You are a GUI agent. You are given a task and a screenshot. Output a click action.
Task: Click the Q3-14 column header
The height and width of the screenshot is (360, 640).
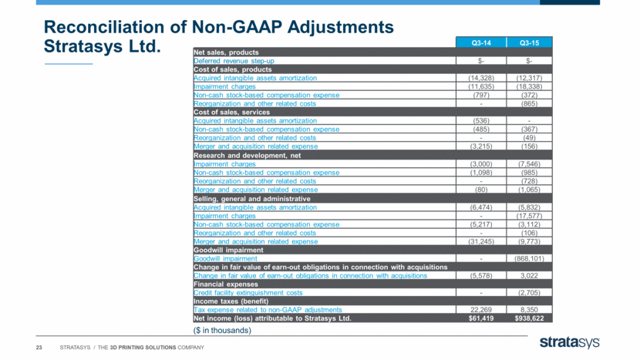coord(481,43)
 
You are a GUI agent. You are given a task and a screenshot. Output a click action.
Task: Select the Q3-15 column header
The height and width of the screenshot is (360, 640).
coord(530,43)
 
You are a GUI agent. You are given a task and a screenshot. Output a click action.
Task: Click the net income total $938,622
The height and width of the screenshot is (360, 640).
coord(530,318)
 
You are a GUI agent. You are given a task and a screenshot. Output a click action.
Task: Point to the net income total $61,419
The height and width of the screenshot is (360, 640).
coord(481,318)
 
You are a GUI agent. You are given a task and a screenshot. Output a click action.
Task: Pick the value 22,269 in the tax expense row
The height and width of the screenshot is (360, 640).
coord(481,310)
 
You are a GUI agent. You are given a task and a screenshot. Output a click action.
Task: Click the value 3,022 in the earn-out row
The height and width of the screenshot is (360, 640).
coord(530,276)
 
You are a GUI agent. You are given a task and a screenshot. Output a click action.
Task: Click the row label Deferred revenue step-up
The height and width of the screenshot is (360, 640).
coord(234,61)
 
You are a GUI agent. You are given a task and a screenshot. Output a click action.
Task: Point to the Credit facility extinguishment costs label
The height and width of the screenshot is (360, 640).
coord(248,293)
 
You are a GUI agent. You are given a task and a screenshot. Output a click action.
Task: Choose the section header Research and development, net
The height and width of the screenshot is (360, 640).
coord(247,156)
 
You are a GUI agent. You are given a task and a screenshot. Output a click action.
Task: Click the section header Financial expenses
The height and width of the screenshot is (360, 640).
coord(226,284)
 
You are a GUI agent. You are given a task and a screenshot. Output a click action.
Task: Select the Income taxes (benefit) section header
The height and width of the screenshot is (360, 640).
coord(231,301)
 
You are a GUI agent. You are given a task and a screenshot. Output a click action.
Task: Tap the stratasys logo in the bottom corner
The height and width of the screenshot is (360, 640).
coord(569,342)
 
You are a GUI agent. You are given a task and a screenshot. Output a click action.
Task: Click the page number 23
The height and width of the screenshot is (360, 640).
coord(39,348)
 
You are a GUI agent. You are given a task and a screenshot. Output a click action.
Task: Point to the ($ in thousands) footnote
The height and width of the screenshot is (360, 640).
coord(222,330)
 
